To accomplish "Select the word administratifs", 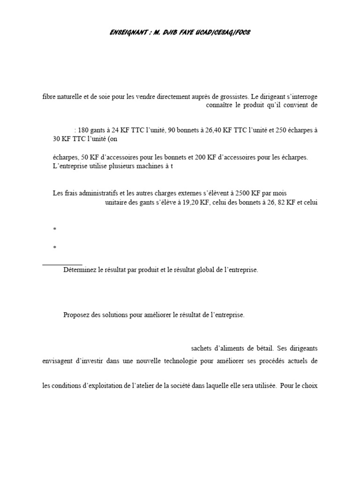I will pos(99,193).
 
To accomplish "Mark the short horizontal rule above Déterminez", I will pos(62,265).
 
